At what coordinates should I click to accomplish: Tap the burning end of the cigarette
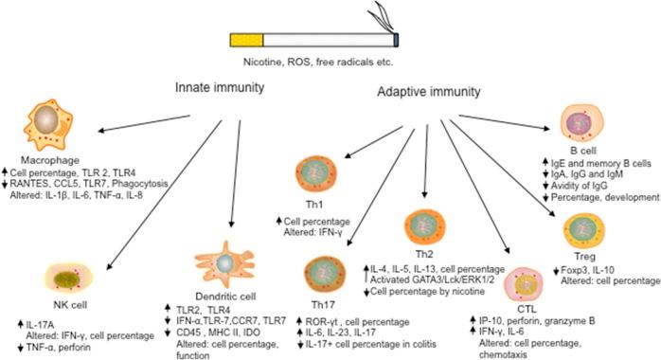(395, 38)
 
